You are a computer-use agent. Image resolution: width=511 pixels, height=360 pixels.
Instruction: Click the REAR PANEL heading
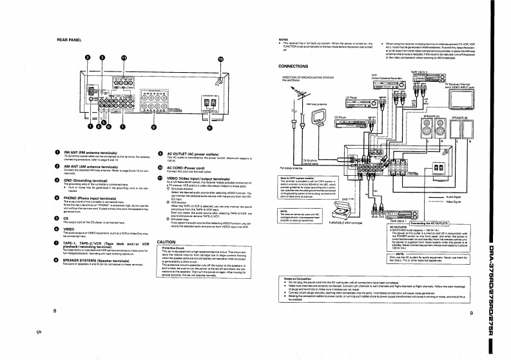(69, 39)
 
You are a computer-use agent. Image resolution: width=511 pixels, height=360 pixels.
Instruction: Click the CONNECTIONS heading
(293, 66)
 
